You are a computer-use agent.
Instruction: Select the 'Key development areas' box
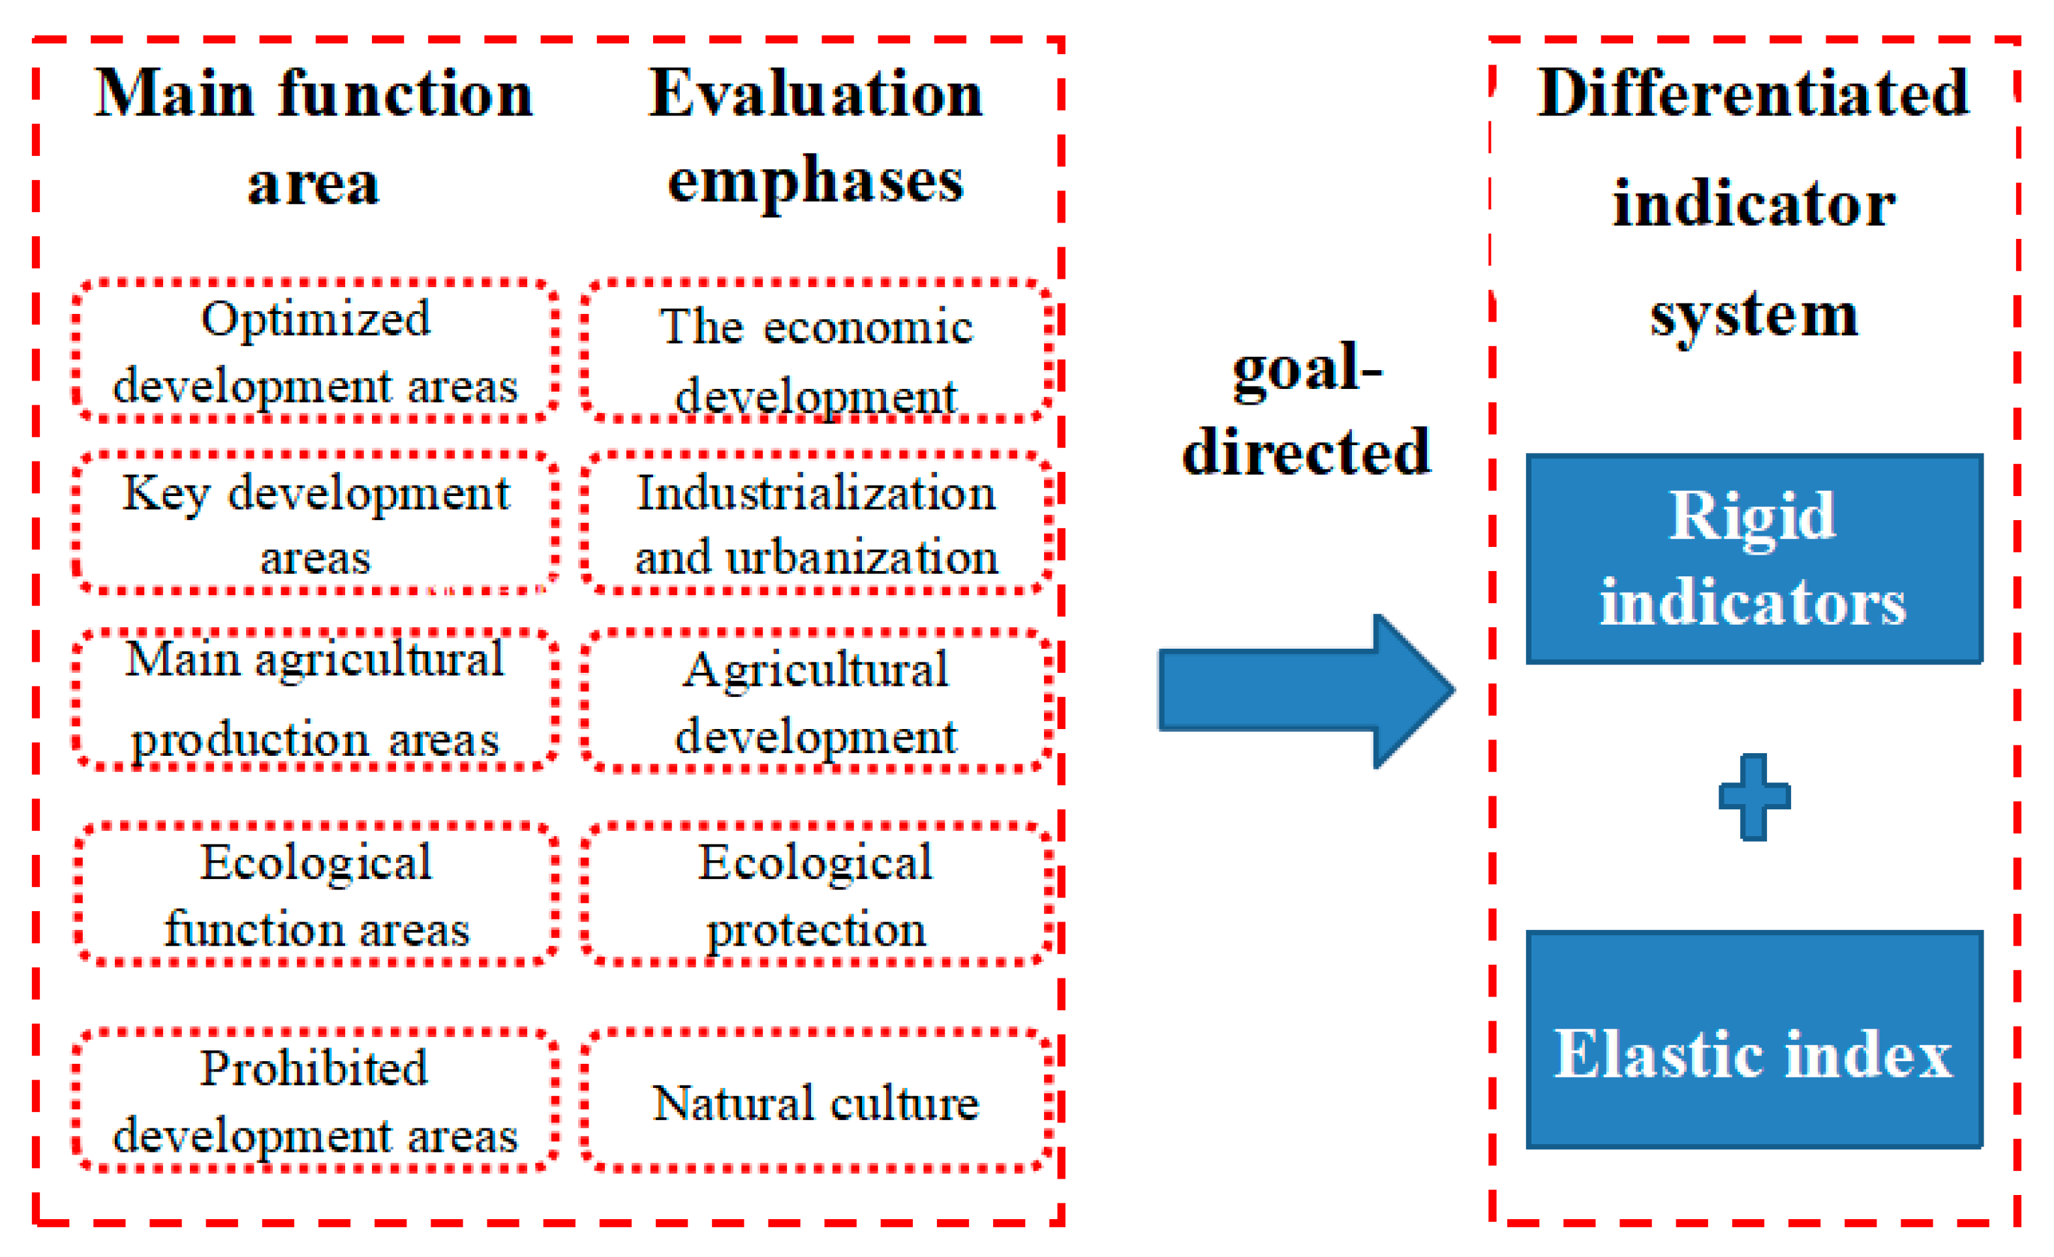315,523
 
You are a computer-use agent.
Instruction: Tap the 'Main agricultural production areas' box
315,700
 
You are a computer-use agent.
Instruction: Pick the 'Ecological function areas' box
315,894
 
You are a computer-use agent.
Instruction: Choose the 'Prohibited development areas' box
315,1101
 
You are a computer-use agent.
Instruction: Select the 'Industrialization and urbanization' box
815,523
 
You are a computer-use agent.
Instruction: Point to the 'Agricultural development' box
815,701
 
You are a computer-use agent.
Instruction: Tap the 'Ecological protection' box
815,894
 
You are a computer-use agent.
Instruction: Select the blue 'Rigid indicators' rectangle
1754,559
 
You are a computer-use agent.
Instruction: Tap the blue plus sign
1754,797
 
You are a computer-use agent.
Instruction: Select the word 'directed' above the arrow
1307,451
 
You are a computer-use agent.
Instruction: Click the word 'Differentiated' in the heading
1754,93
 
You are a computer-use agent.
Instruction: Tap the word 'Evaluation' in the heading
815,93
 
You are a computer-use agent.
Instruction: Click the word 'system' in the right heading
1754,315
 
